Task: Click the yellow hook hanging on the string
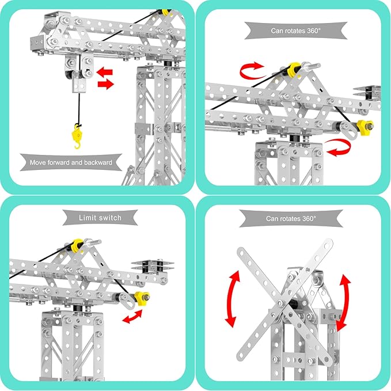pos(74,136)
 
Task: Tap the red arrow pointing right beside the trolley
pos(106,85)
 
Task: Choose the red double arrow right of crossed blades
pos(344,301)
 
